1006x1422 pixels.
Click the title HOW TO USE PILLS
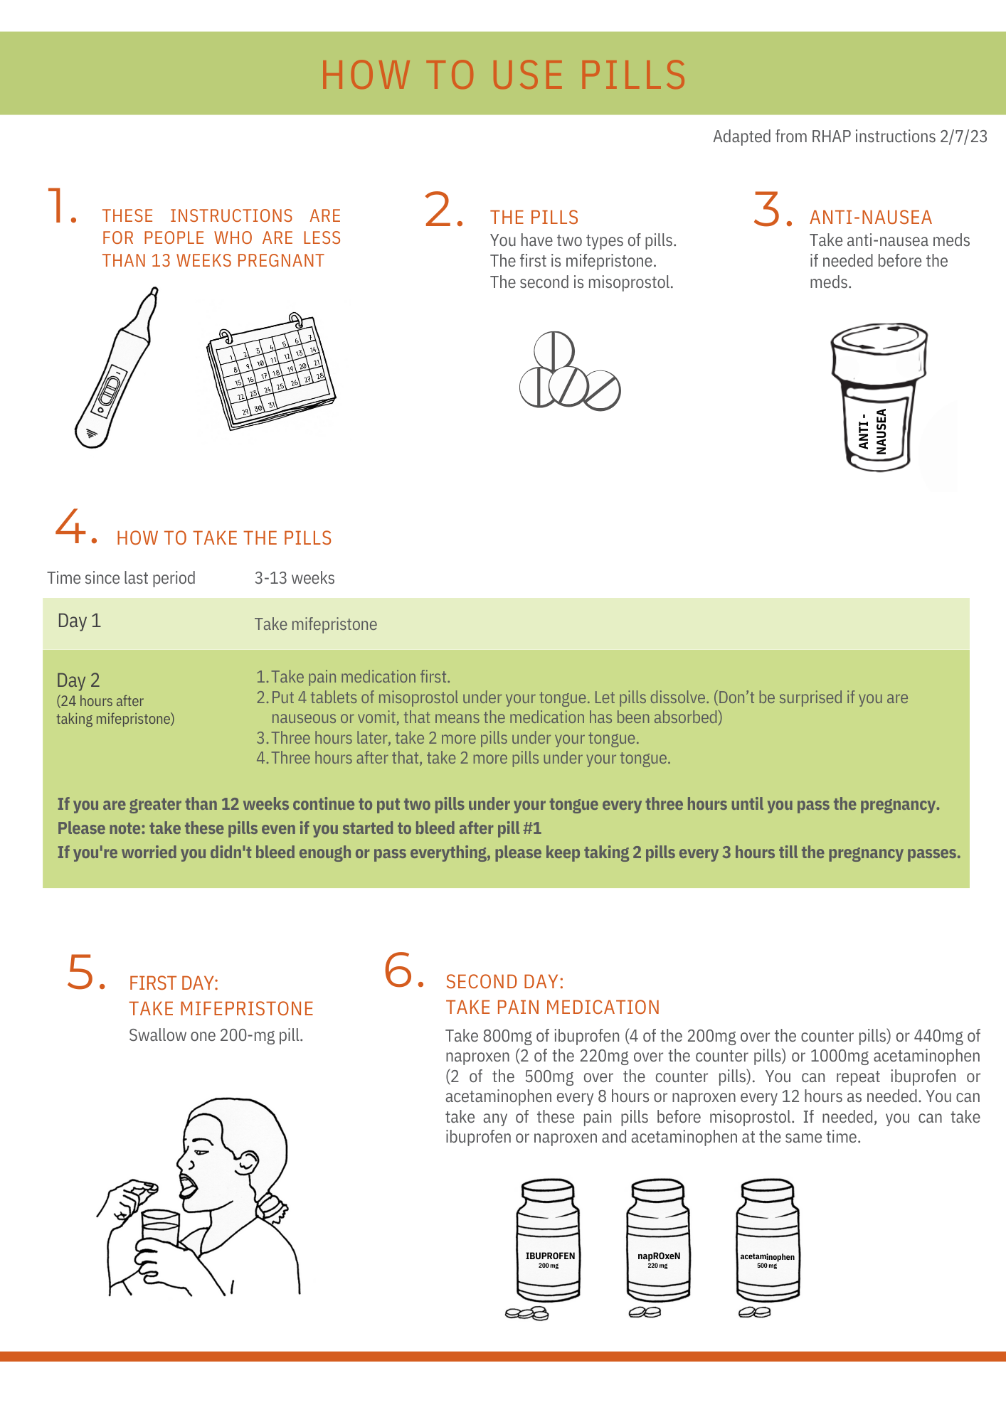click(503, 75)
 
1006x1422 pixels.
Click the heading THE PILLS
click(534, 218)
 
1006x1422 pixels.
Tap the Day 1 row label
click(79, 621)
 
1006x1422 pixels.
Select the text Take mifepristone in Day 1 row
click(316, 624)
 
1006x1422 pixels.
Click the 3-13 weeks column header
click(295, 578)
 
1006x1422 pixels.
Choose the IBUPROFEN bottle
click(549, 1241)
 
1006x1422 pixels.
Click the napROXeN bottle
click(658, 1241)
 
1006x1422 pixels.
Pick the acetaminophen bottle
click(768, 1241)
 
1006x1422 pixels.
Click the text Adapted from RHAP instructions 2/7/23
click(849, 137)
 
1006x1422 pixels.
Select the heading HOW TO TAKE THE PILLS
click(224, 538)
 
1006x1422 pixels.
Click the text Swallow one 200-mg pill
click(216, 1035)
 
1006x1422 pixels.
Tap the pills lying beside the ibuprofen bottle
click(527, 1313)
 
